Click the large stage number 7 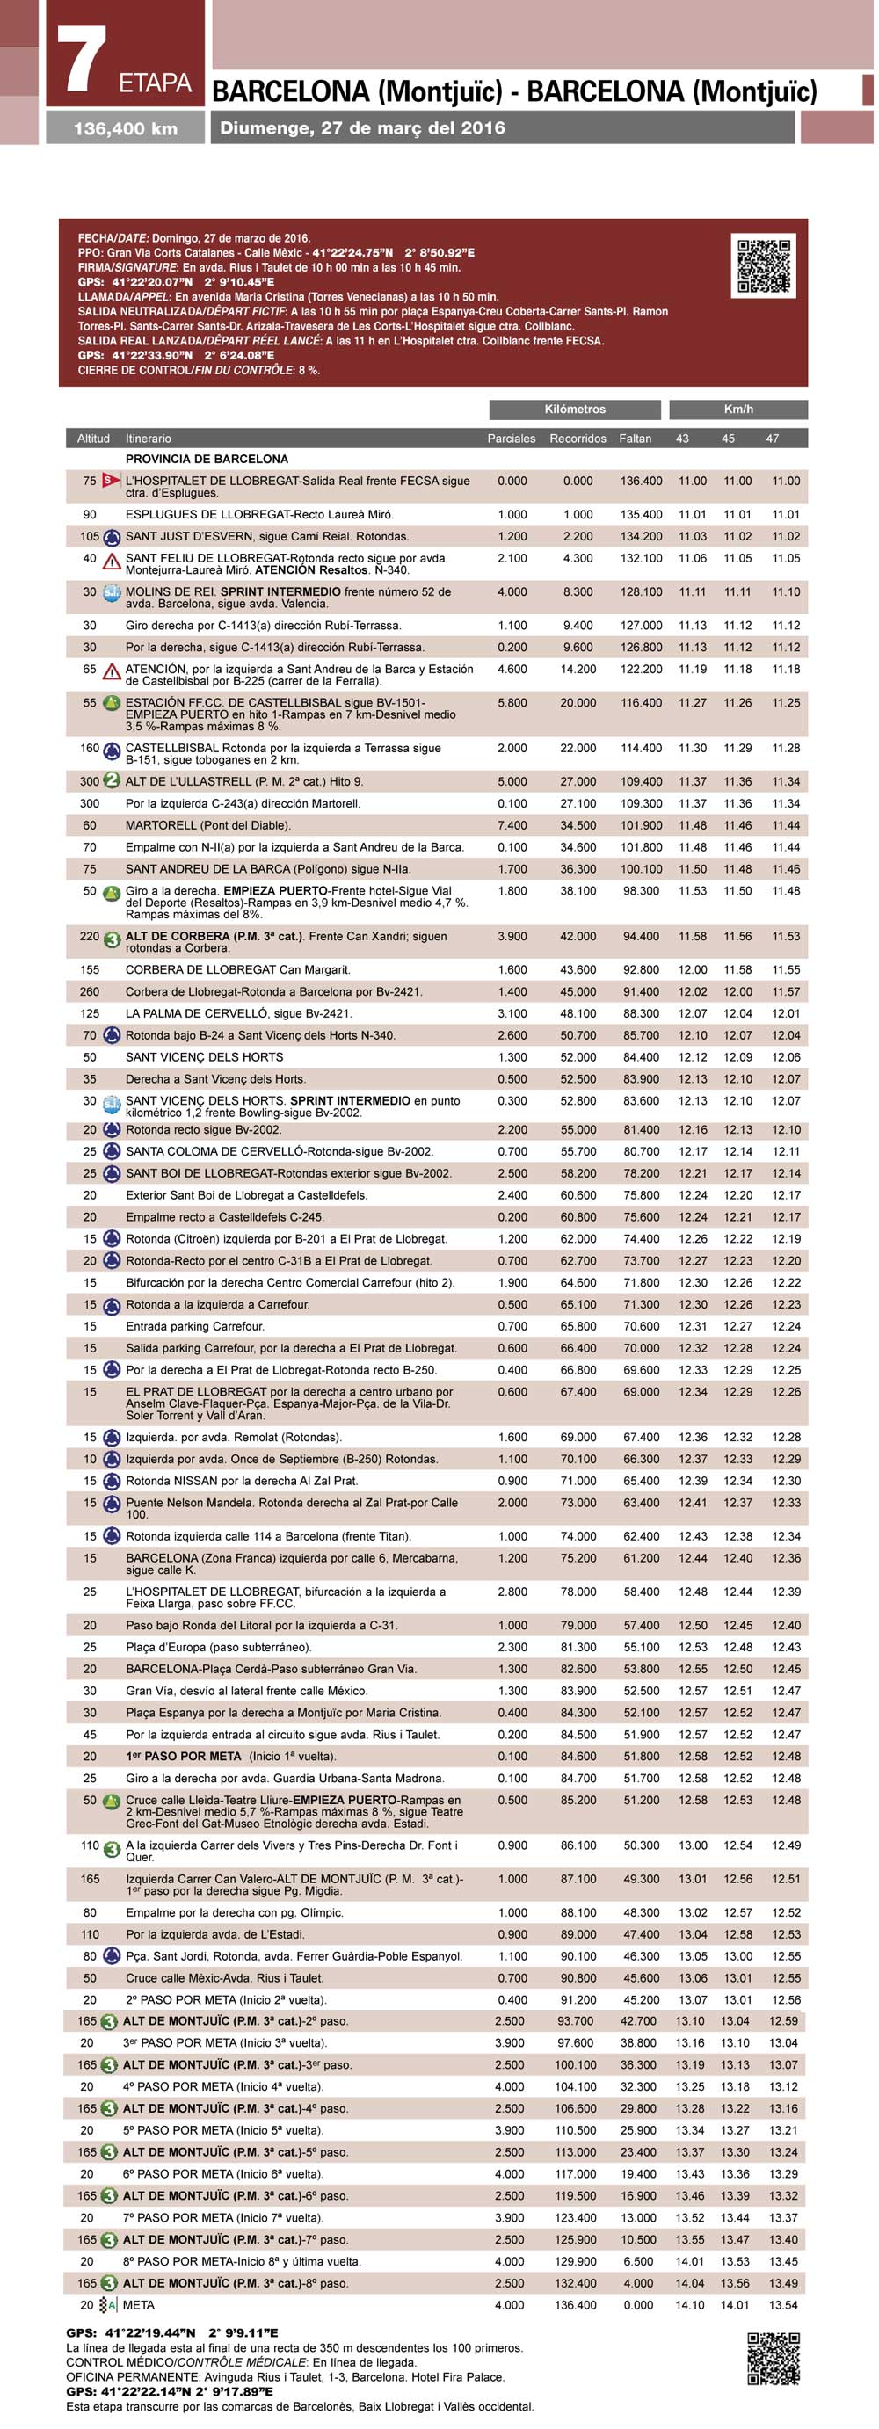coord(83,61)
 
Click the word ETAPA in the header coord(156,83)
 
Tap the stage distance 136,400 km coord(126,129)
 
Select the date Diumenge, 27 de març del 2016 coord(362,128)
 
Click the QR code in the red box coord(763,266)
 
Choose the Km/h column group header coord(737,410)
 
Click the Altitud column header coord(93,439)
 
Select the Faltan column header coord(635,439)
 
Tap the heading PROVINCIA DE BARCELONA coord(207,460)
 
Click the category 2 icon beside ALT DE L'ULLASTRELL coord(112,780)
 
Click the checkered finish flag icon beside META coord(108,2304)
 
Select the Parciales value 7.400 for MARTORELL coord(512,825)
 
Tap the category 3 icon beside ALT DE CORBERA coord(112,940)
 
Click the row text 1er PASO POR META coord(230,1756)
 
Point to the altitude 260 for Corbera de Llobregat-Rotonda coord(90,991)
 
